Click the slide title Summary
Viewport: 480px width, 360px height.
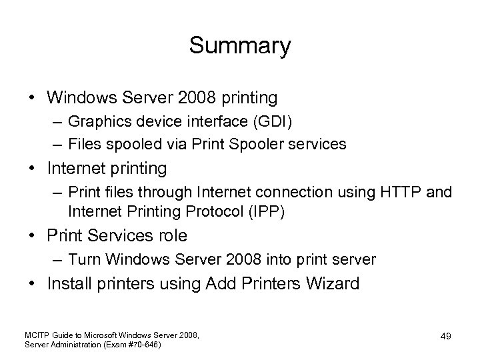point(240,46)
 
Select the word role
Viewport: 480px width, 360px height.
point(172,236)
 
